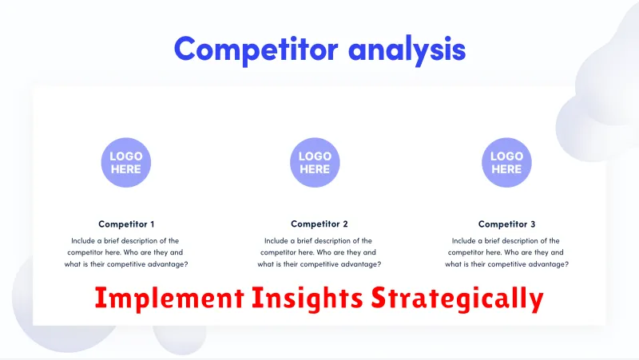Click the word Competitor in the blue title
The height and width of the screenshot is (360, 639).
pyautogui.click(x=256, y=49)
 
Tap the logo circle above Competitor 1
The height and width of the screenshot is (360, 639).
pyautogui.click(x=126, y=163)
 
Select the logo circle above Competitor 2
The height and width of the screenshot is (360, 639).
pyautogui.click(x=315, y=163)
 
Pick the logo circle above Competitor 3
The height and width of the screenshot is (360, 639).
pyautogui.click(x=506, y=163)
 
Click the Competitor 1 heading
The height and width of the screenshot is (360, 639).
pyautogui.click(x=126, y=224)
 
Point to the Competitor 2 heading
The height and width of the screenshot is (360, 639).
pyautogui.click(x=319, y=224)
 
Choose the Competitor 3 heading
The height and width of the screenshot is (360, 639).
pyautogui.click(x=506, y=224)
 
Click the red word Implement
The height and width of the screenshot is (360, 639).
pyautogui.click(x=169, y=299)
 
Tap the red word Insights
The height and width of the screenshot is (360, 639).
pyautogui.click(x=308, y=299)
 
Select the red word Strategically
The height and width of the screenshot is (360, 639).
pyautogui.click(x=457, y=299)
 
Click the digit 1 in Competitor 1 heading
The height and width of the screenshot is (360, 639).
pyautogui.click(x=153, y=224)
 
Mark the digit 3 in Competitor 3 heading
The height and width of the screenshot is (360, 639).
pyautogui.click(x=533, y=224)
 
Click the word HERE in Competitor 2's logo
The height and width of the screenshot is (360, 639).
pyautogui.click(x=315, y=169)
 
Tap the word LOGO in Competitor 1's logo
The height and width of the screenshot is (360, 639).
pyautogui.click(x=126, y=156)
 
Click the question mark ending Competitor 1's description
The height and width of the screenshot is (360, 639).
pyautogui.click(x=186, y=264)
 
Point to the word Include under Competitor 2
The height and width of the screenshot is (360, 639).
pyautogui.click(x=276, y=241)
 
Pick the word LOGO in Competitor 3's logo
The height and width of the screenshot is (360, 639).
pyautogui.click(x=506, y=156)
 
